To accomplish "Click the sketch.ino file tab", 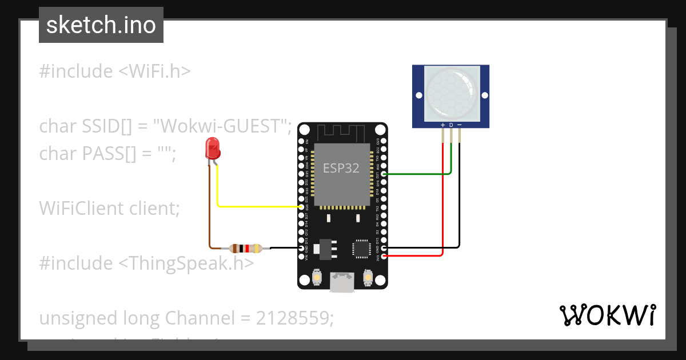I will pyautogui.click(x=101, y=25).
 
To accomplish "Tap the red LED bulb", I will pyautogui.click(x=213, y=148).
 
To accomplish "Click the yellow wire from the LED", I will pyautogui.click(x=257, y=206).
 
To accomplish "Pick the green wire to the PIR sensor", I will pyautogui.click(x=423, y=173).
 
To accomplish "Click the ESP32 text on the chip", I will pyautogui.click(x=341, y=168).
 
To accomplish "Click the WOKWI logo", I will pyautogui.click(x=607, y=315).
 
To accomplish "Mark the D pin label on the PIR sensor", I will pyautogui.click(x=451, y=125).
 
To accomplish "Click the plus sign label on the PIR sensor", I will pyautogui.click(x=442, y=125).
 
